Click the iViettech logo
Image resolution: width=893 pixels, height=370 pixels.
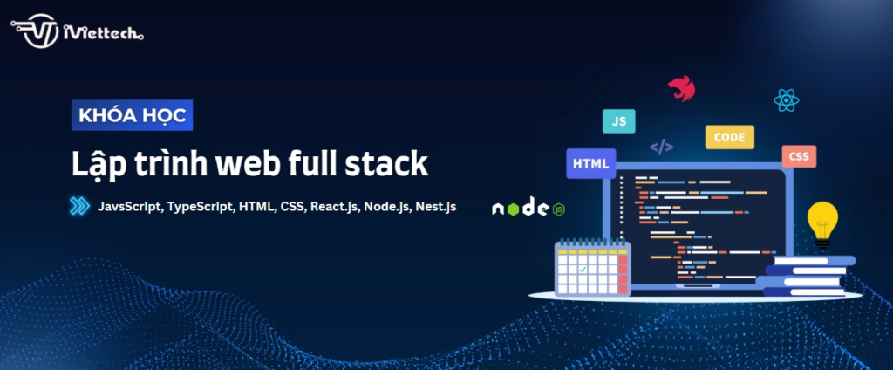click(x=77, y=32)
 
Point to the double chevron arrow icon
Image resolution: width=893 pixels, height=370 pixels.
click(x=80, y=207)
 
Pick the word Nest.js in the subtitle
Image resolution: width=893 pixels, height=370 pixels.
click(x=436, y=207)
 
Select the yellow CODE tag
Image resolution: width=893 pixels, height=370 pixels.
click(x=729, y=137)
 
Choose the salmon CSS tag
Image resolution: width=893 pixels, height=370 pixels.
click(x=798, y=157)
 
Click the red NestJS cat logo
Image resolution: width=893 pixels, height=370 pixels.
click(x=681, y=88)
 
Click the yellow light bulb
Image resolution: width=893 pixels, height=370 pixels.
click(x=821, y=223)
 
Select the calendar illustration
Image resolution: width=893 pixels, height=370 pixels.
click(x=593, y=268)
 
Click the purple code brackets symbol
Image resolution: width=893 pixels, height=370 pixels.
click(x=662, y=147)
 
